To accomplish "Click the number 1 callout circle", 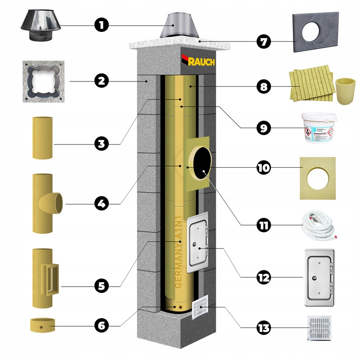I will (102, 24).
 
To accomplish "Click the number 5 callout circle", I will (102, 285).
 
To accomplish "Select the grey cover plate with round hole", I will (315, 32).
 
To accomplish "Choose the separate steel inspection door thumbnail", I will (321, 278).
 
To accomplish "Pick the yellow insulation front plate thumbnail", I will (317, 177).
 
